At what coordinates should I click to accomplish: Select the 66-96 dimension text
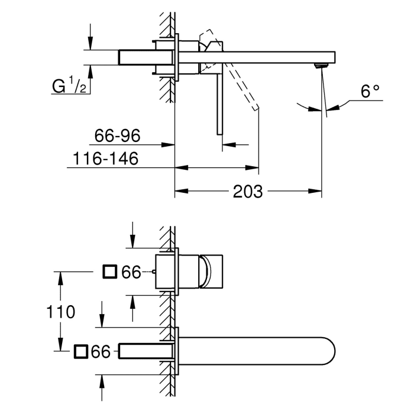(x=117, y=137)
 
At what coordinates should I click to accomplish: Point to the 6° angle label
(x=370, y=92)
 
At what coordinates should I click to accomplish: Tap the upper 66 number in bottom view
(x=131, y=272)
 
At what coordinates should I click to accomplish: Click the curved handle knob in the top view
(x=205, y=271)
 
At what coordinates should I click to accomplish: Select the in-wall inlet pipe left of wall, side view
(x=136, y=57)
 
